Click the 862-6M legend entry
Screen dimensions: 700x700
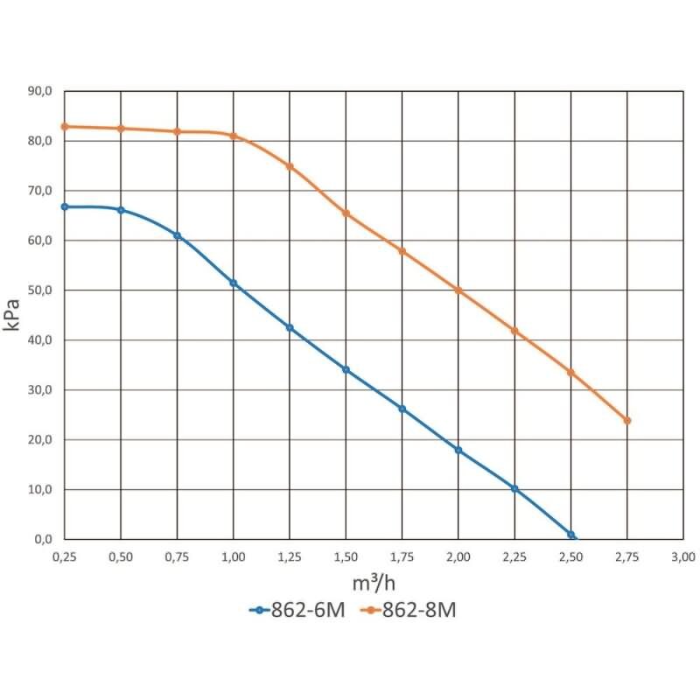click(297, 610)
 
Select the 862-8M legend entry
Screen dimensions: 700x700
click(408, 610)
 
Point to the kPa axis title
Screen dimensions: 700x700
click(11, 315)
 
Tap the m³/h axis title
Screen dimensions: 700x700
click(374, 583)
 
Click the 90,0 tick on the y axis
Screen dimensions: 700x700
click(40, 91)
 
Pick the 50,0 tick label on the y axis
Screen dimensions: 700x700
click(40, 290)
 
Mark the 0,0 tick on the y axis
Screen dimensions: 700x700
click(43, 539)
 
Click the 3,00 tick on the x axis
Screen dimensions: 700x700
click(683, 557)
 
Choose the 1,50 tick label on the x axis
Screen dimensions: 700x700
click(346, 557)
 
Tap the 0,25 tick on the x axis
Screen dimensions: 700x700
click(65, 557)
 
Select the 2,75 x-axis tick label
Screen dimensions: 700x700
click(627, 557)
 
